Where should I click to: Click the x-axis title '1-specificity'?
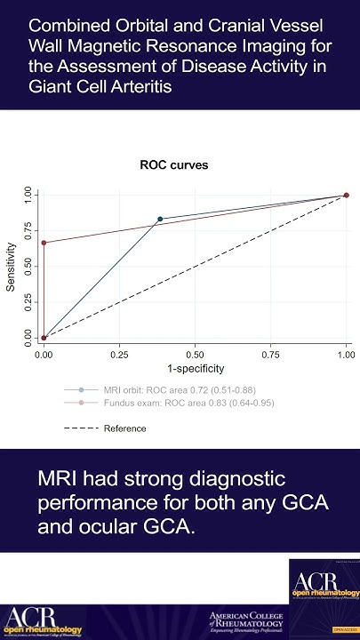pos(195,368)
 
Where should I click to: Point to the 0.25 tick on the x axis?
pos(119,353)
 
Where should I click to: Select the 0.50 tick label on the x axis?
pos(195,353)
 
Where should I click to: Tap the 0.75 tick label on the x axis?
pos(270,353)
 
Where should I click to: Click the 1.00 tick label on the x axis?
pos(345,353)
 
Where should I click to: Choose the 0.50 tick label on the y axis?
pos(28,267)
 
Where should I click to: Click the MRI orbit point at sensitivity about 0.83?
pos(161,219)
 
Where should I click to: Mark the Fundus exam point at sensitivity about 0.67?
pos(44,243)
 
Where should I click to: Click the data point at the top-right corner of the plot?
pos(346,196)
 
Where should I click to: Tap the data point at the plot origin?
pos(44,337)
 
